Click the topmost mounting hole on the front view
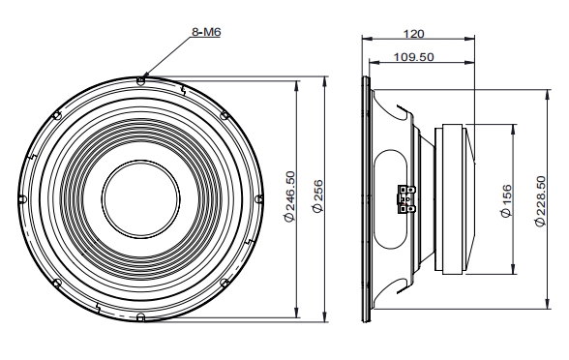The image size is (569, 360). (142, 80)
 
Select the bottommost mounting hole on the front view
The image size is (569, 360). (142, 317)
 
